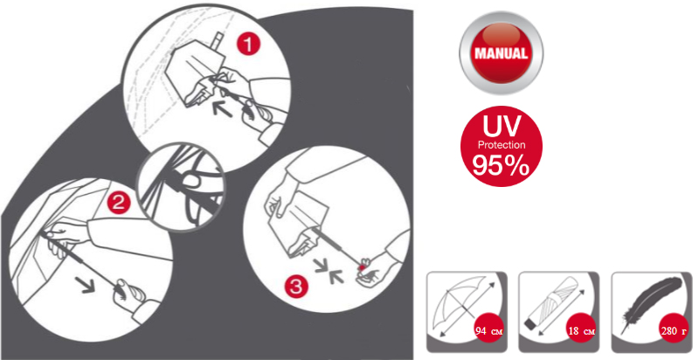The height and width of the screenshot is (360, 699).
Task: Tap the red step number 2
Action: (119, 204)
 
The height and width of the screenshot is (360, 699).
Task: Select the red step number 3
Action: (296, 286)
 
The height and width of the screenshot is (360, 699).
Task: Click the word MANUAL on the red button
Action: (501, 53)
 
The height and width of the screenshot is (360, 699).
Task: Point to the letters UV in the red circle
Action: (502, 126)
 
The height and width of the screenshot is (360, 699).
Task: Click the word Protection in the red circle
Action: (502, 145)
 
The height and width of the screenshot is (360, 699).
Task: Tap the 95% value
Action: (502, 166)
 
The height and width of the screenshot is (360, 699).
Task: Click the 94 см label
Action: (489, 331)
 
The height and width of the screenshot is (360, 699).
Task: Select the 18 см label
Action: (582, 331)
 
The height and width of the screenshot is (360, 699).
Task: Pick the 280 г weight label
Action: (675, 331)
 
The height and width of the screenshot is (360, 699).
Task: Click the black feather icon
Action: (651, 304)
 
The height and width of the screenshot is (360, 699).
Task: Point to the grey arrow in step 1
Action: (222, 108)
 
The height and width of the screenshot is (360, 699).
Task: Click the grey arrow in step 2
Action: (85, 284)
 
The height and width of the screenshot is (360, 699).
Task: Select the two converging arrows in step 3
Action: (329, 272)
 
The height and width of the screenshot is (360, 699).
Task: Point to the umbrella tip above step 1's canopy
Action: (218, 39)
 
